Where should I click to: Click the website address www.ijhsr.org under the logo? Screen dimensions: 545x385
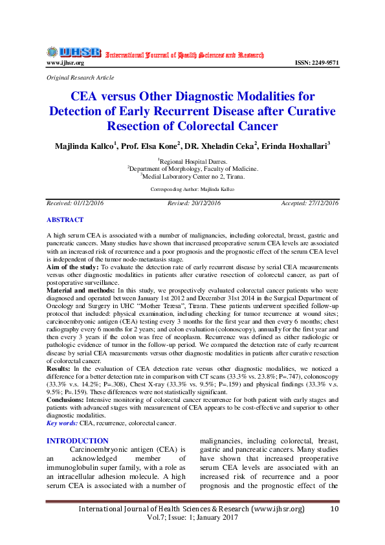(65, 63)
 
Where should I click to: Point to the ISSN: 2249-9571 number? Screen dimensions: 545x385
(316, 63)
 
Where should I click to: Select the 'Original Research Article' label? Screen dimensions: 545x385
(80, 77)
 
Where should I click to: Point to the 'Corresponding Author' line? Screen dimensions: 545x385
(192, 189)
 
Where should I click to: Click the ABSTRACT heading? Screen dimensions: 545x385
(65, 220)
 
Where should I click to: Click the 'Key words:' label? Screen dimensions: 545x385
(62, 423)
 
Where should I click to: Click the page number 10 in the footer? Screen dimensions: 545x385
(334, 509)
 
